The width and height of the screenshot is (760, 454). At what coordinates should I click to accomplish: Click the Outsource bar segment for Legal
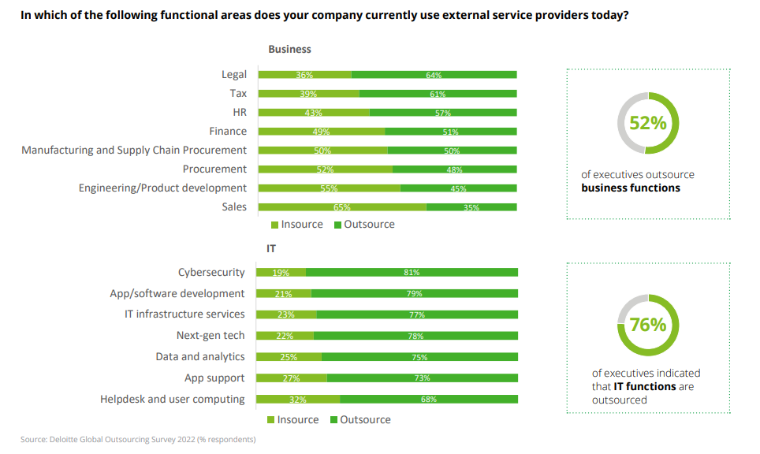[x=434, y=75]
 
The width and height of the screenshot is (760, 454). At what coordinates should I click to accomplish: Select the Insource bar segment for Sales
[x=342, y=207]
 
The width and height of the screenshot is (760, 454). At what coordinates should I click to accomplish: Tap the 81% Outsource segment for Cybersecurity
[x=412, y=272]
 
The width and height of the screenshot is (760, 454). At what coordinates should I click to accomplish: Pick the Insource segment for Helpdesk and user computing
[x=299, y=400]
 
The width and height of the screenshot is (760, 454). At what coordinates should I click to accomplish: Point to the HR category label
[x=239, y=112]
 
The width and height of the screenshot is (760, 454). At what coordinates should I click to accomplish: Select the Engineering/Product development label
[x=162, y=188]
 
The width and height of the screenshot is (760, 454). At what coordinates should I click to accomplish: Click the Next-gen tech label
[x=210, y=336]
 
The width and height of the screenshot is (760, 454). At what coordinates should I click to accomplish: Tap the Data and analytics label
[x=200, y=357]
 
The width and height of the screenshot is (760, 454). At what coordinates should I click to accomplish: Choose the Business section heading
[x=289, y=49]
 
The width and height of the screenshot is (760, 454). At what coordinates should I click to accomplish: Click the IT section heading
[x=271, y=248]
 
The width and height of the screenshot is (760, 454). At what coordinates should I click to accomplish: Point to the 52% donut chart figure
[x=647, y=123]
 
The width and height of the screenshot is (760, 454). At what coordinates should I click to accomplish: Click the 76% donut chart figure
[x=647, y=325]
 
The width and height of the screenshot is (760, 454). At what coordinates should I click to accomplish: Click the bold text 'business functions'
[x=631, y=188]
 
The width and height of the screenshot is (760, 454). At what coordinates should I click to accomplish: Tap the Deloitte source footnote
[x=138, y=439]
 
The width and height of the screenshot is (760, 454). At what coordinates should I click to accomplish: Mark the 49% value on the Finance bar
[x=321, y=132]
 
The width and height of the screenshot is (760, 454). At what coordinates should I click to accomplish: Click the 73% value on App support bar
[x=422, y=378]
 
